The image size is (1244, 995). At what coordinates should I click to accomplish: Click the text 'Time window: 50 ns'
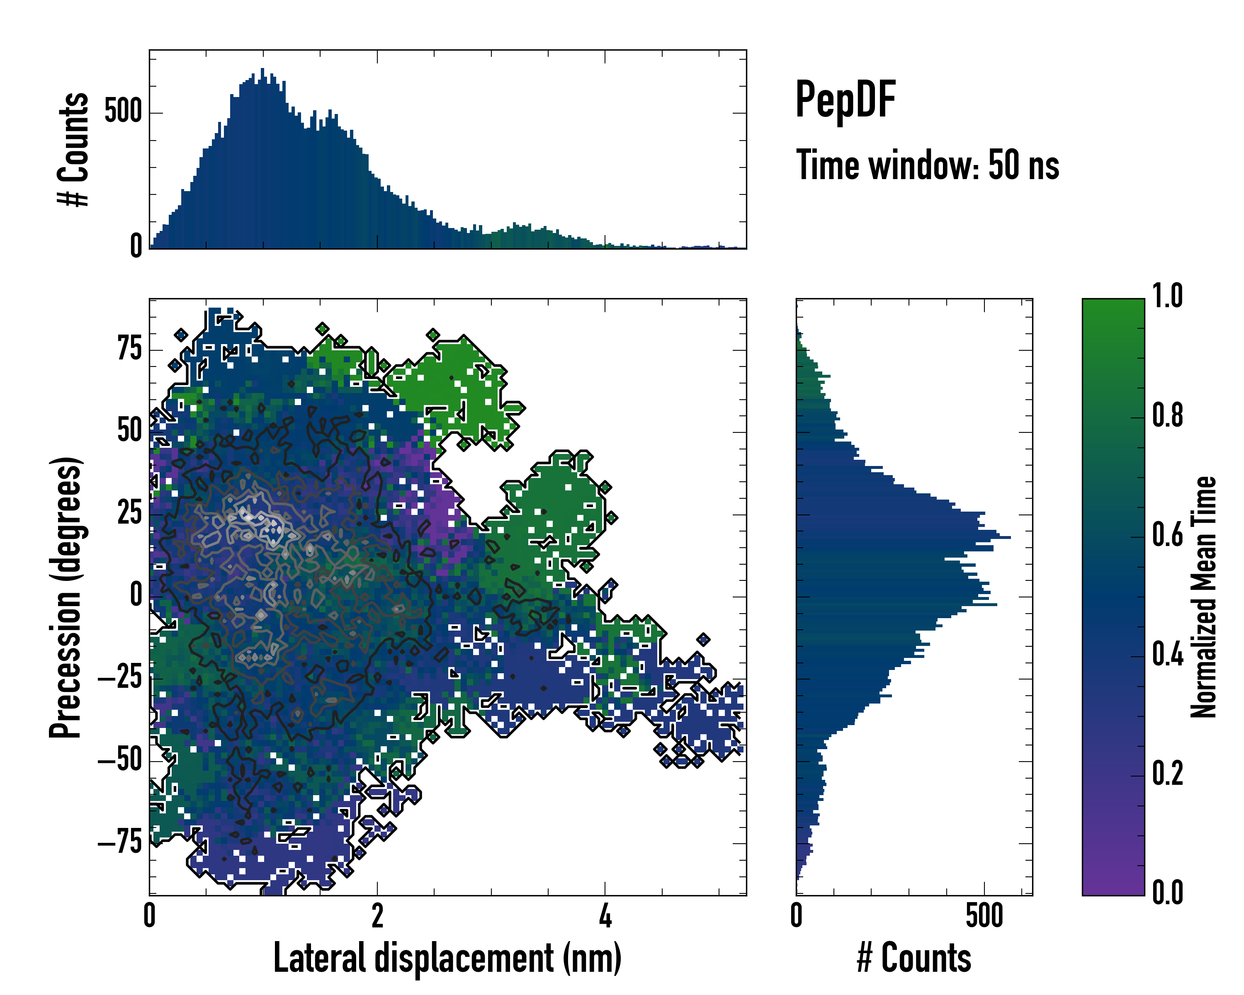(927, 165)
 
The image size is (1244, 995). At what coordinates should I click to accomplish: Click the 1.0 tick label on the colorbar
(1167, 296)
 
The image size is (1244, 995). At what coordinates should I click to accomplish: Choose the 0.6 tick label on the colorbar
(1167, 535)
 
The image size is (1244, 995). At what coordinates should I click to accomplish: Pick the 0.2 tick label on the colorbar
(1167, 774)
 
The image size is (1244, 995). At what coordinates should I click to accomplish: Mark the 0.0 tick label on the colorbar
(1167, 892)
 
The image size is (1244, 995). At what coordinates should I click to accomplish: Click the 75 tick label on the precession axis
(129, 349)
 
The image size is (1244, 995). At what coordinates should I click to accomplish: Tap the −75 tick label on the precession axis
(120, 843)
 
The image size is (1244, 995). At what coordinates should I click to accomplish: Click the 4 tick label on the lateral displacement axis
(605, 916)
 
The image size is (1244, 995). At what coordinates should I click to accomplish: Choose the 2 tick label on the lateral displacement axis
(377, 916)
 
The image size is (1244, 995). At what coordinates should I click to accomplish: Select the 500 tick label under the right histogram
(984, 916)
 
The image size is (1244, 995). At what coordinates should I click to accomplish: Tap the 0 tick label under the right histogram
(796, 916)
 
